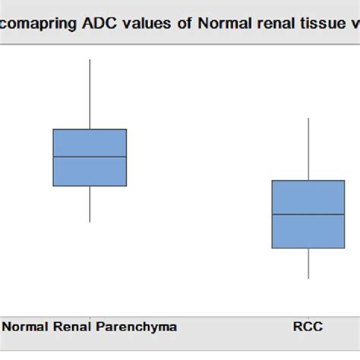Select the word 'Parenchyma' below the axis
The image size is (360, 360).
pyautogui.click(x=136, y=327)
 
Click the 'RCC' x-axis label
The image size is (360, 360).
pyautogui.click(x=308, y=327)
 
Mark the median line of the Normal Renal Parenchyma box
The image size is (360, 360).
pyautogui.click(x=90, y=157)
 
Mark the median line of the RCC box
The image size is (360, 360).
pyautogui.click(x=308, y=214)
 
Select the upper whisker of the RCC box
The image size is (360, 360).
pyautogui.click(x=308, y=149)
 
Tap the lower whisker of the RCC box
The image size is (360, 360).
pyautogui.click(x=308, y=263)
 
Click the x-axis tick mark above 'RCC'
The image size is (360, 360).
pyautogui.click(x=308, y=314)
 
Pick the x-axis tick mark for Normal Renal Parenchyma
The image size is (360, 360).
pyautogui.click(x=90, y=314)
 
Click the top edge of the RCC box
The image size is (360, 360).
pyautogui.click(x=308, y=181)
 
